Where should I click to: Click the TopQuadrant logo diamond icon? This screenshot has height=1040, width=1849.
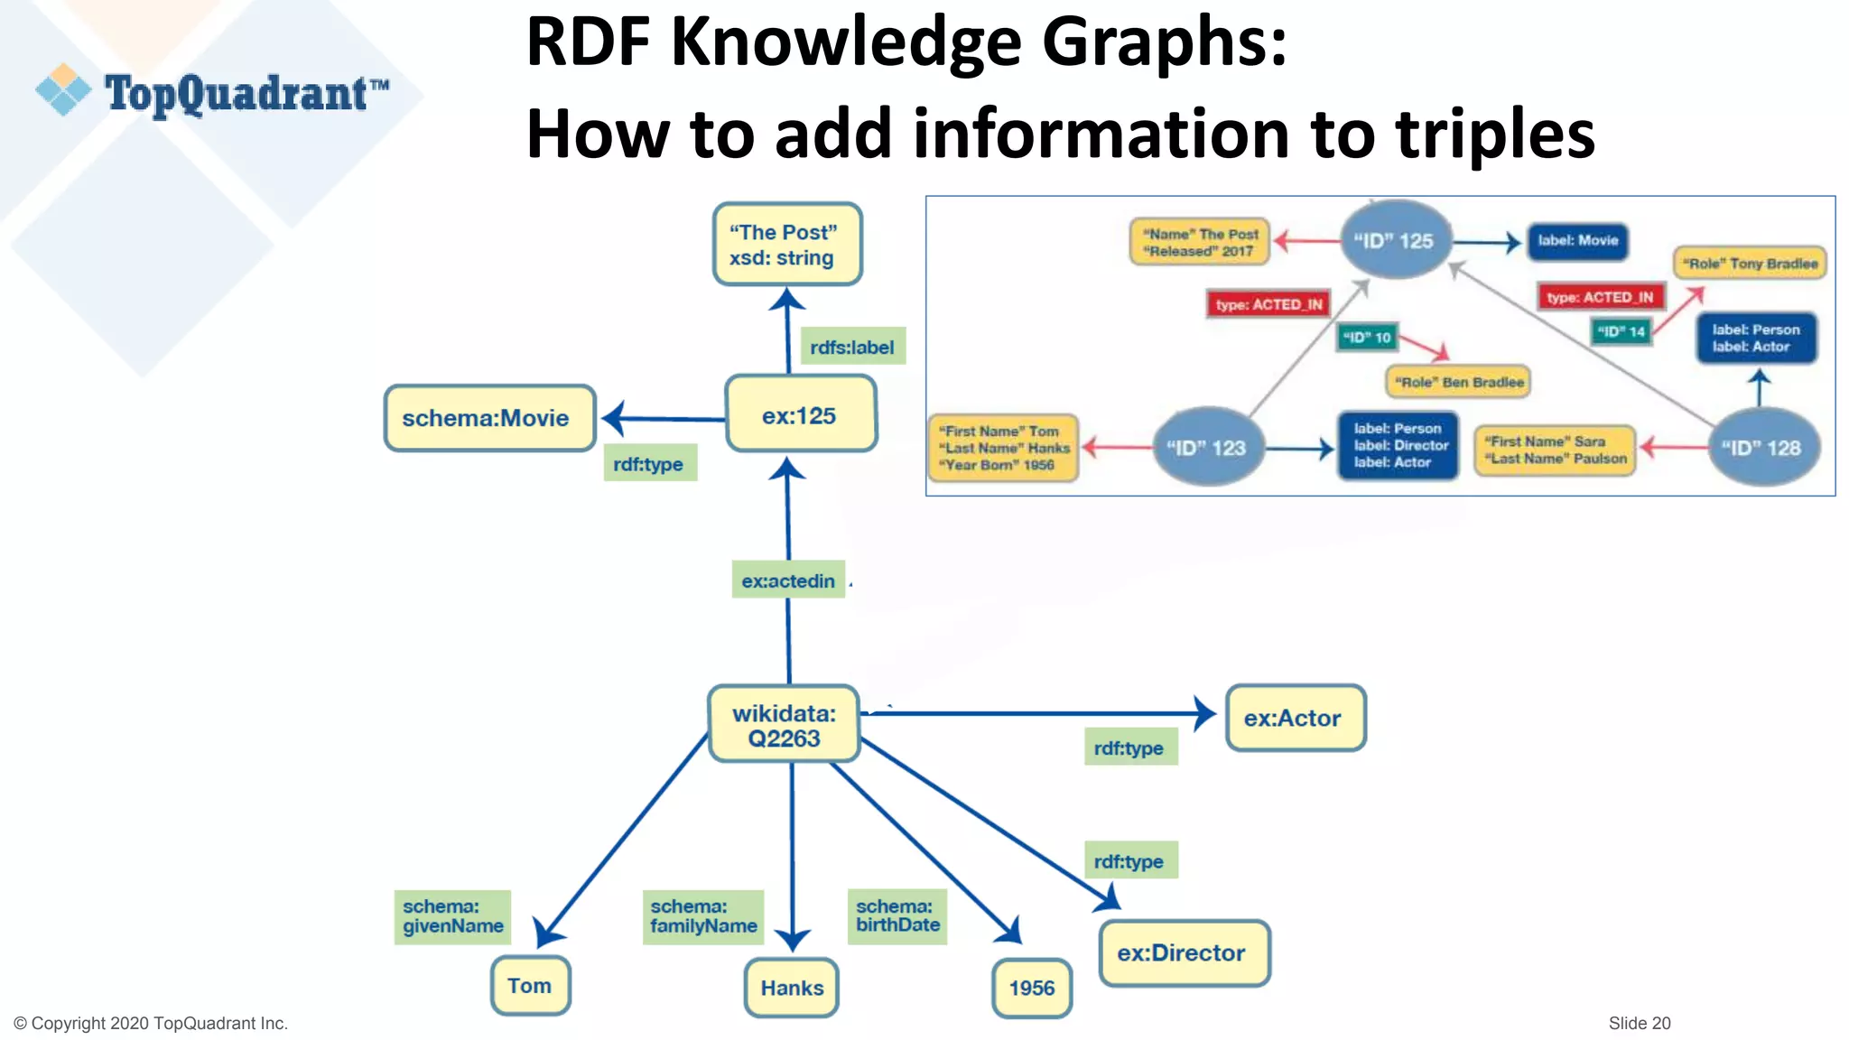point(63,89)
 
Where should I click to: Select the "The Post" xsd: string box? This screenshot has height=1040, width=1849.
point(786,245)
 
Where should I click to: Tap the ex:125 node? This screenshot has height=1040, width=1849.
point(800,415)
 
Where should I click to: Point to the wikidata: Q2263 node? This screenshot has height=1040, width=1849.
point(784,725)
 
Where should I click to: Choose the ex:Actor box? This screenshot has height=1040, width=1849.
point(1294,718)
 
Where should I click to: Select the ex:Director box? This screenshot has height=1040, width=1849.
point(1183,952)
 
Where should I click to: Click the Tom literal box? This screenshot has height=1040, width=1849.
point(530,986)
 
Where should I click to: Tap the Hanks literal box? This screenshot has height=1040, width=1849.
point(792,988)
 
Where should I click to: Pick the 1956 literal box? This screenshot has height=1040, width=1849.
point(1031,988)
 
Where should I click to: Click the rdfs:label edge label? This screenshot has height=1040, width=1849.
point(852,347)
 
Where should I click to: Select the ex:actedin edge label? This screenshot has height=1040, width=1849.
point(788,580)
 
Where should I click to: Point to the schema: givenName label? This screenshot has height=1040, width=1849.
point(452,916)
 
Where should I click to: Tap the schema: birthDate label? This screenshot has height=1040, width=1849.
point(897,916)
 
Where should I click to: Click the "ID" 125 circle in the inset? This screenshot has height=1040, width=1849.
point(1394,240)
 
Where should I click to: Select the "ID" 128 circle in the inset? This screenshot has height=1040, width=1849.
point(1761,447)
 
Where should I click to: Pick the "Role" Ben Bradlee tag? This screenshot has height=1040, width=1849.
point(1458,382)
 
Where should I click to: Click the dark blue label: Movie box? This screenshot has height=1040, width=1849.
point(1577,240)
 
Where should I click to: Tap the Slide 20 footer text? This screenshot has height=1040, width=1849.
point(1640,1023)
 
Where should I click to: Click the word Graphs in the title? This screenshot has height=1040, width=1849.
point(1165,42)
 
